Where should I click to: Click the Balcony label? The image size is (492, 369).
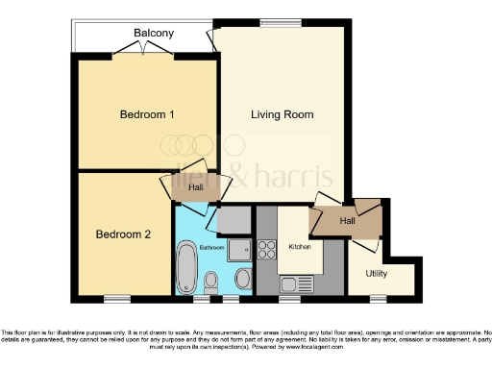tap(154, 34)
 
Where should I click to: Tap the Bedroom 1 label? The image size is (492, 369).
tap(147, 115)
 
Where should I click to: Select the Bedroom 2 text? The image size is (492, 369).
tap(123, 234)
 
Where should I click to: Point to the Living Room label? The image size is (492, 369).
tap(283, 115)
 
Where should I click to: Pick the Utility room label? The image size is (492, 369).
tap(376, 273)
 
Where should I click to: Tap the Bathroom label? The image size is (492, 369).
tap(211, 248)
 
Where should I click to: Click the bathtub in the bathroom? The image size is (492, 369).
tap(185, 263)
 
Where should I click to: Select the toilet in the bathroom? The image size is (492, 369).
tap(212, 281)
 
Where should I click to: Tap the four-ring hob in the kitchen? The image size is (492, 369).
tap(266, 248)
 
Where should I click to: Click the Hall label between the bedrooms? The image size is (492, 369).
tap(195, 188)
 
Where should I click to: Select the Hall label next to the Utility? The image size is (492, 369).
tap(347, 221)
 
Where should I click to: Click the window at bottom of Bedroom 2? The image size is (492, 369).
tap(117, 297)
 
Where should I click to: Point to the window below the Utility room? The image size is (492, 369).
tap(378, 297)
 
